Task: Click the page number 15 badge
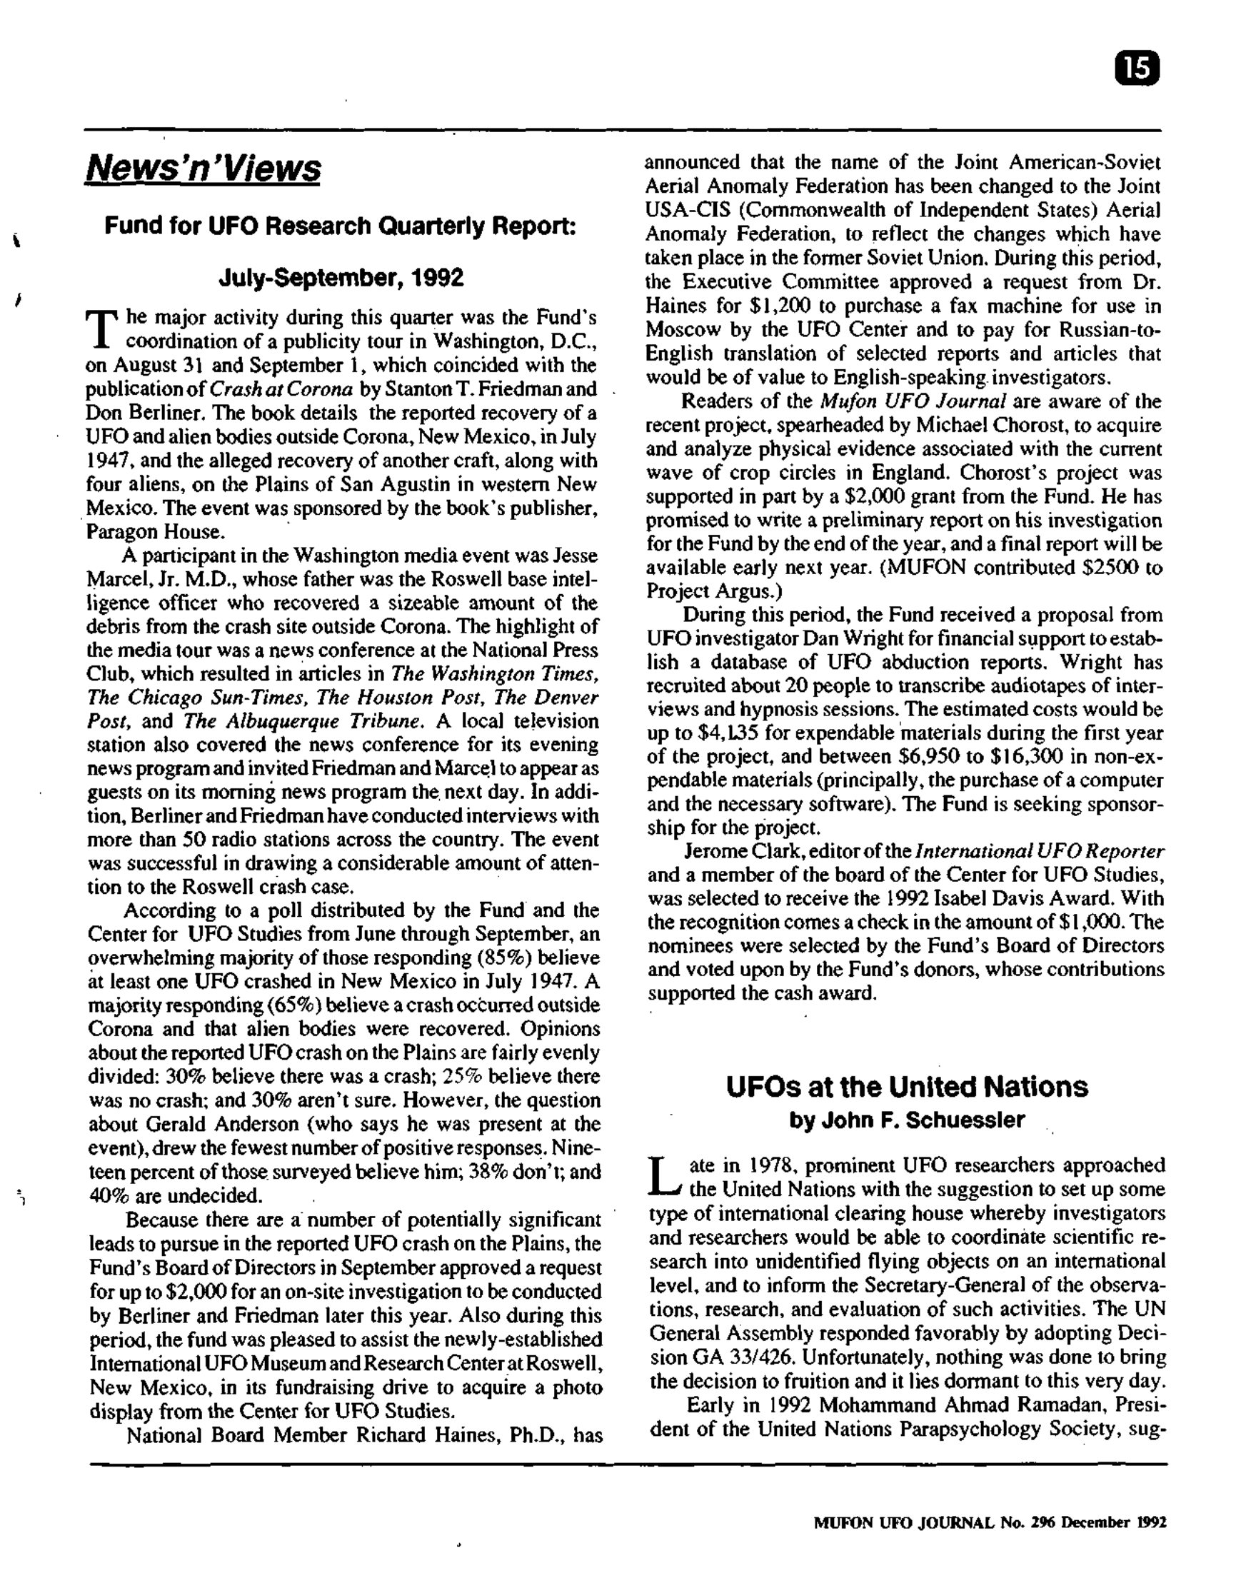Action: tap(1137, 69)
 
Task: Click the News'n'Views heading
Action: tap(203, 170)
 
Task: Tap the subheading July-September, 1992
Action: tap(340, 278)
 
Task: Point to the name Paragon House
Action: tap(153, 532)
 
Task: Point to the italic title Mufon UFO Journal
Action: tap(913, 401)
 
